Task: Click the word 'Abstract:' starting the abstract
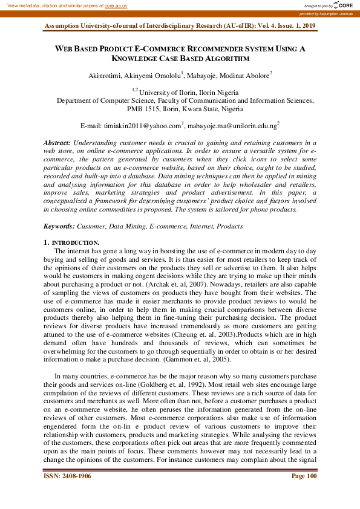(x=57, y=141)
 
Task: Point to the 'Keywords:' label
(x=59, y=225)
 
